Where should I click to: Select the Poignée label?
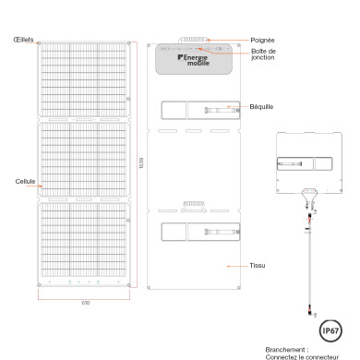[x=263, y=40]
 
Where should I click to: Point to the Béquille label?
[x=262, y=106]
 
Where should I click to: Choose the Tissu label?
[x=258, y=265]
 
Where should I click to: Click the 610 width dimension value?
[x=84, y=302]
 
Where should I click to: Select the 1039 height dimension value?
[x=141, y=164]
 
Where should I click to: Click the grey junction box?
[x=194, y=59]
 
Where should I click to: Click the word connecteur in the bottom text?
[x=335, y=357]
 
